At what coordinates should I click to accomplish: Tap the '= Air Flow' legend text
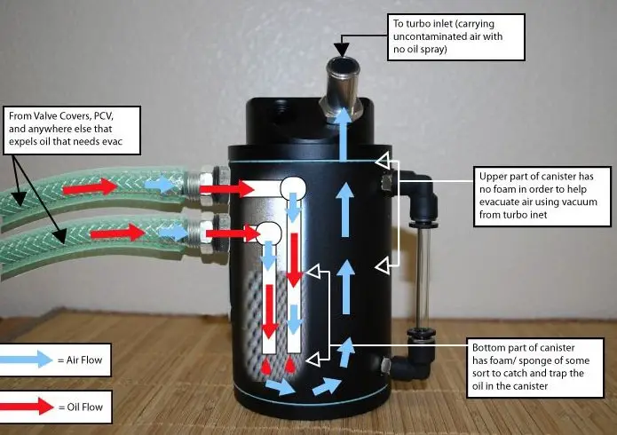coord(87,360)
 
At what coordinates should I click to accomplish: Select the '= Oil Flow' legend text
coord(86,407)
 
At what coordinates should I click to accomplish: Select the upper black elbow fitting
coord(404,186)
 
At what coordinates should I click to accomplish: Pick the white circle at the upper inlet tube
coord(292,186)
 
